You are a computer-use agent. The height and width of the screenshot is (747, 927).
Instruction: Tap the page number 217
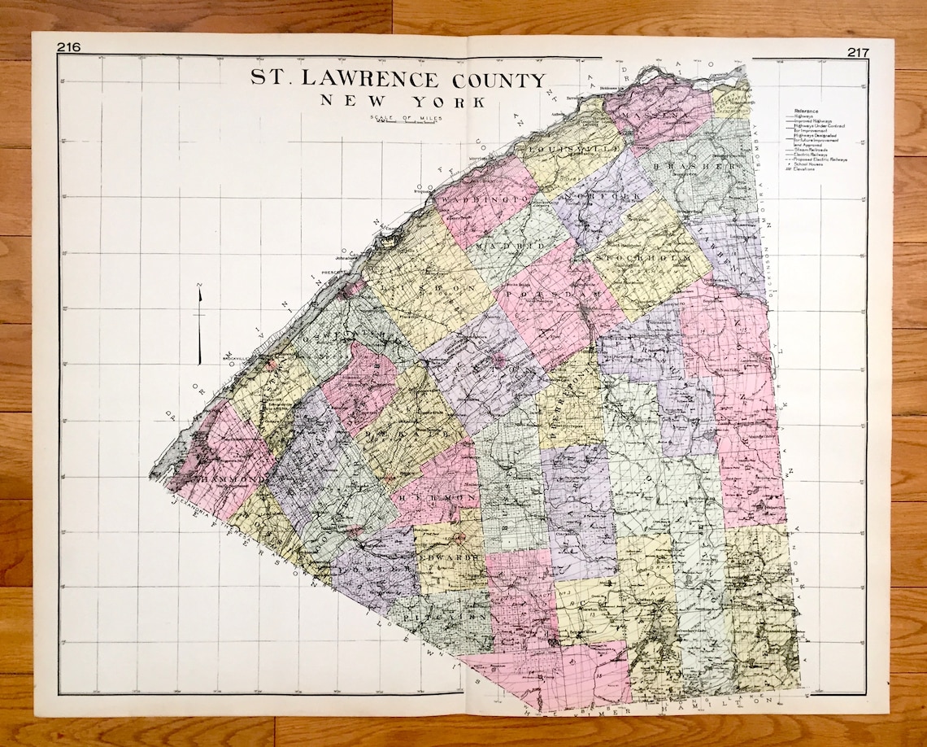pyautogui.click(x=857, y=52)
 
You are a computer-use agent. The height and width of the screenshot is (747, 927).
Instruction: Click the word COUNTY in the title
pyautogui.click(x=490, y=80)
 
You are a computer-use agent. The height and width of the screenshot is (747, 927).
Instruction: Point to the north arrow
pyautogui.click(x=199, y=325)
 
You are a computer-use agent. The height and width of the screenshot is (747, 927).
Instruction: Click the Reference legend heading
pyautogui.click(x=807, y=110)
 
